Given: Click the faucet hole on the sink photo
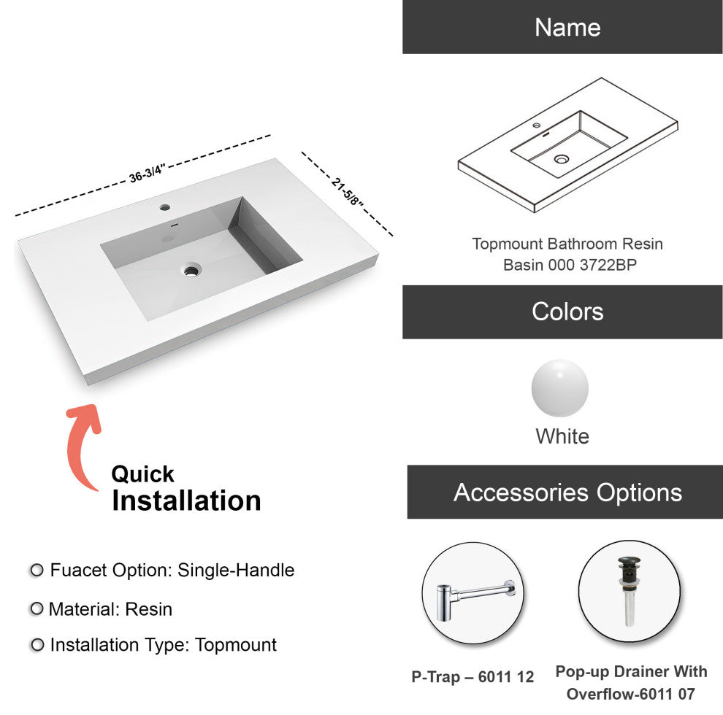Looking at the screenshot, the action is click(x=165, y=207).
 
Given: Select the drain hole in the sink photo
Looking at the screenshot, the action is click(x=191, y=269).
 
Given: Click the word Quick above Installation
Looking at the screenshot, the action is click(x=142, y=474).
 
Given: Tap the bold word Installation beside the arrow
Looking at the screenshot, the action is click(x=186, y=500).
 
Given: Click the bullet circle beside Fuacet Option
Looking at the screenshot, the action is click(x=37, y=571).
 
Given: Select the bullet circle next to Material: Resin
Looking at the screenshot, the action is click(x=37, y=608).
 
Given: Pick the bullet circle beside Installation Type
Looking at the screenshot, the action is click(x=37, y=644).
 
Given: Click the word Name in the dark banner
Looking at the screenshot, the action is click(x=567, y=27).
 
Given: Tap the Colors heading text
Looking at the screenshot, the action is click(x=567, y=312).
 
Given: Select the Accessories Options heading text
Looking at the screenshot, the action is click(x=567, y=492).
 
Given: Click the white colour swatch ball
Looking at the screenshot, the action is click(x=559, y=388).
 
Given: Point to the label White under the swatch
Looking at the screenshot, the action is click(x=562, y=436).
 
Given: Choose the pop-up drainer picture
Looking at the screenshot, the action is click(x=630, y=592).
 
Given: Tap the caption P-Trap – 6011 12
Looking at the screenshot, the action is click(x=473, y=677).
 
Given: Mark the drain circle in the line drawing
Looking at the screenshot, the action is click(x=561, y=159).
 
